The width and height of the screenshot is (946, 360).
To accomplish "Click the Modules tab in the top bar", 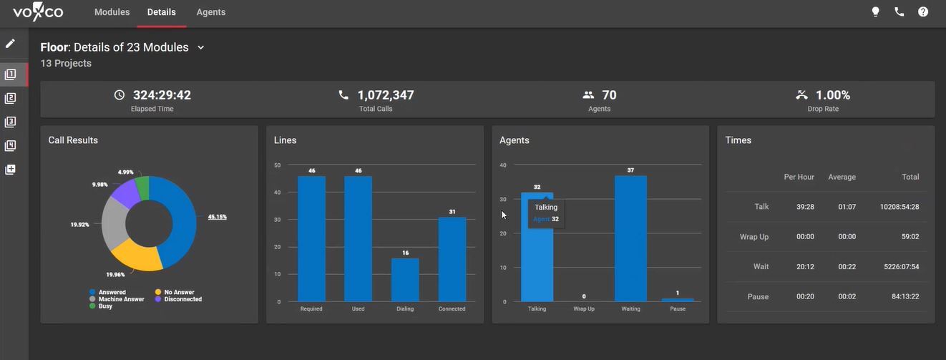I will (112, 12).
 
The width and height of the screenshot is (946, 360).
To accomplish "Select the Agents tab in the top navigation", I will (211, 12).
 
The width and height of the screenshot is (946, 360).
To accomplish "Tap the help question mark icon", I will (923, 12).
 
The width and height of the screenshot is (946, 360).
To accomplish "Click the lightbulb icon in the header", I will (875, 12).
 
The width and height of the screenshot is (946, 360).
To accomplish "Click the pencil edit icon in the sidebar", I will (10, 44).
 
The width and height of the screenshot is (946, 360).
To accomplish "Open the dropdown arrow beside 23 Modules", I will (201, 48).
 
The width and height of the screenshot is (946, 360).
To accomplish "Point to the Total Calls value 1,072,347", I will (385, 95).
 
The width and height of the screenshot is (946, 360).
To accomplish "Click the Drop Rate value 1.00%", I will (833, 95).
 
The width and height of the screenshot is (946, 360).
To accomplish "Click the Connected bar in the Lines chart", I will (452, 259).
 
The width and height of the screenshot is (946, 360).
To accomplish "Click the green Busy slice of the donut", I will (142, 188).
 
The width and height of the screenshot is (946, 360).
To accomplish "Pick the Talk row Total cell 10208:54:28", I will (899, 207).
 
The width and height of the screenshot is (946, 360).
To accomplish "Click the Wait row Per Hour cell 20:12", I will (804, 267).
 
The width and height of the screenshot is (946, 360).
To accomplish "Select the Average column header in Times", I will (842, 177).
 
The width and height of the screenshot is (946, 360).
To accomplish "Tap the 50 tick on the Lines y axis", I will (278, 165).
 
